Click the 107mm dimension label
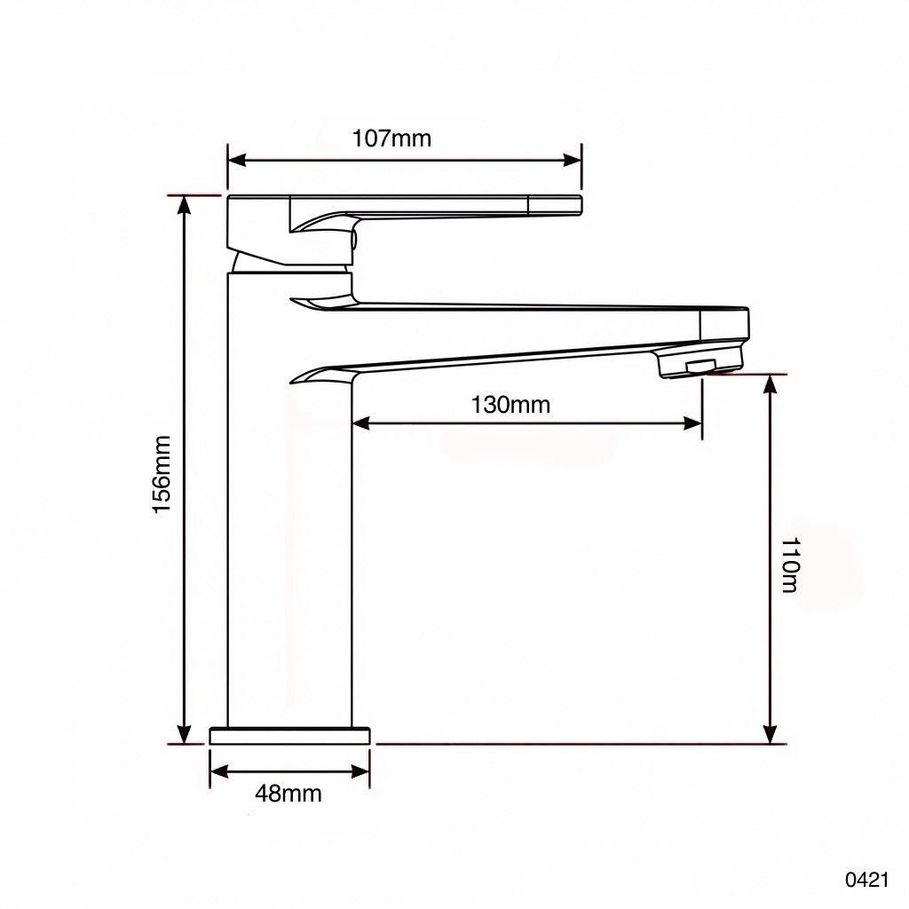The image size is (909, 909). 391,138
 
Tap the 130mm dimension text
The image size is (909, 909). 510,405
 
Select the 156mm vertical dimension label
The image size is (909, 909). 162,474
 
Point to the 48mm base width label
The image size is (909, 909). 289,793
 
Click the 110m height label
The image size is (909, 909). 790,565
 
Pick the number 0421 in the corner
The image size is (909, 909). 866,880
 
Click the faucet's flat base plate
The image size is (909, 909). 289,736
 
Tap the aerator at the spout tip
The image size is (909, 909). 700,363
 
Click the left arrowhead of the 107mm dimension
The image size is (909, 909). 236,160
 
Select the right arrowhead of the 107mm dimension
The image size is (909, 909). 573,160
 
